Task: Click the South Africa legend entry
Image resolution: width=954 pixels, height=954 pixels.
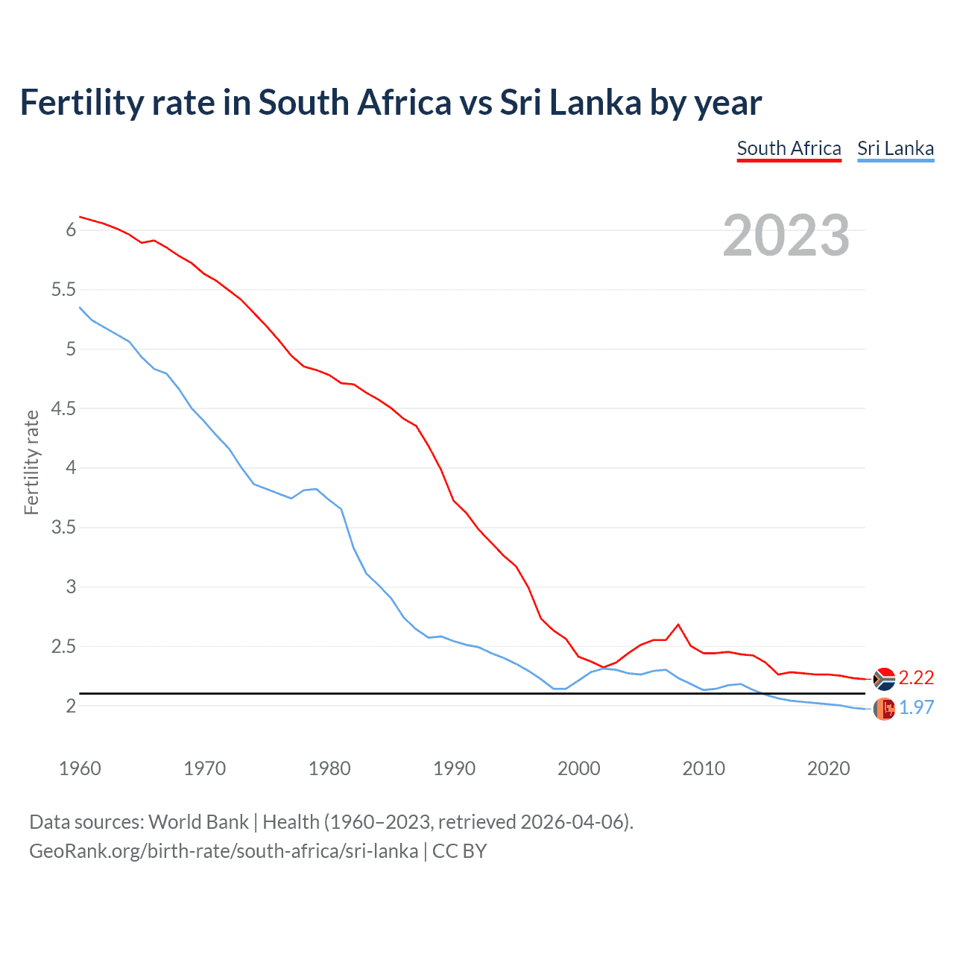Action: [x=789, y=148]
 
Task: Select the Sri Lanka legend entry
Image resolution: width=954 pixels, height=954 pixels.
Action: [x=895, y=148]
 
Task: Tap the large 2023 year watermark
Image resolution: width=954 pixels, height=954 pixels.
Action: [x=786, y=236]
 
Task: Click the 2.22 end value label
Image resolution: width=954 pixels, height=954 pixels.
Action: [x=916, y=677]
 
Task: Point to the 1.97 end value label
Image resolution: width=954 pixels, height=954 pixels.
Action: [x=916, y=707]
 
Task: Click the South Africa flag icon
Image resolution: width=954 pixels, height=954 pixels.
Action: [x=884, y=679]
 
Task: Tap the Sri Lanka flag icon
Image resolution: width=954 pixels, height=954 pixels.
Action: [x=884, y=709]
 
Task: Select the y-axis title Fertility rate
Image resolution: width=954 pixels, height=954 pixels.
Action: [x=31, y=462]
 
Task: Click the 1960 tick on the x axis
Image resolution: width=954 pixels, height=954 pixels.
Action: [x=80, y=768]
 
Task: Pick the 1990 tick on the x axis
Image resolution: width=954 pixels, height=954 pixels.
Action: [x=454, y=768]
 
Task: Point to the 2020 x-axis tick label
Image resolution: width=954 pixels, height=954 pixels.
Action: [x=828, y=768]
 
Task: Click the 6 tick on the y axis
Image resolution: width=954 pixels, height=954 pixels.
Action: [x=72, y=230]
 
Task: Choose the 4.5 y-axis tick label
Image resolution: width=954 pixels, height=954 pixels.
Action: [x=64, y=408]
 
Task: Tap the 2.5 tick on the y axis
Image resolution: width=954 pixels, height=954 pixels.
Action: [x=64, y=646]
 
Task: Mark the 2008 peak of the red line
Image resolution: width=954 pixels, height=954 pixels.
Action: [x=678, y=625]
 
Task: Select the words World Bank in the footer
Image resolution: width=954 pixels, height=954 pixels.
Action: [x=198, y=822]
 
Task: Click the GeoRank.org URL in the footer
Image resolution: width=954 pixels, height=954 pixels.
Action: [x=224, y=851]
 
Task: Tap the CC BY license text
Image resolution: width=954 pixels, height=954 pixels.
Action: [x=459, y=851]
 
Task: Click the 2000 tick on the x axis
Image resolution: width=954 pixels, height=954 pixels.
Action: [x=579, y=768]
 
